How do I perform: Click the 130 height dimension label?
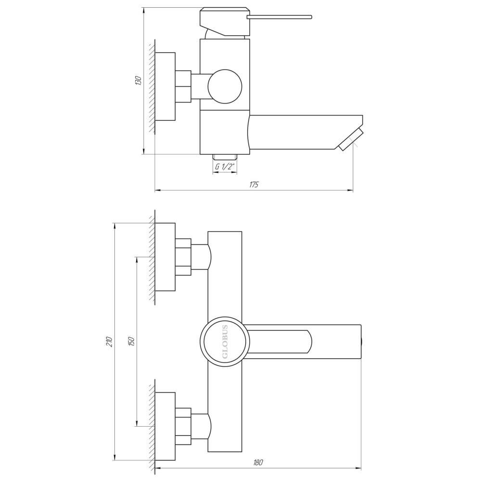[x=138, y=81]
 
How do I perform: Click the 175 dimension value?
[x=254, y=185]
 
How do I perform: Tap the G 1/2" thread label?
[x=225, y=167]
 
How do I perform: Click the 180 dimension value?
[x=258, y=462]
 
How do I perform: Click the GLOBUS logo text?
[x=225, y=342]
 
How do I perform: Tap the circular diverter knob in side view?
[x=225, y=87]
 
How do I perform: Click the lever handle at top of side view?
[x=279, y=18]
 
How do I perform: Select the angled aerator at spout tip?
[x=351, y=139]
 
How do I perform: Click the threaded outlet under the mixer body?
[x=225, y=157]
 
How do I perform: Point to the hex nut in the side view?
[x=183, y=87]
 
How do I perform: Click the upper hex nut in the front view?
[x=183, y=257]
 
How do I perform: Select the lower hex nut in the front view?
[x=183, y=426]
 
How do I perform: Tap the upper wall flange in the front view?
[x=165, y=257]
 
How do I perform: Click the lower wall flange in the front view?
[x=165, y=426]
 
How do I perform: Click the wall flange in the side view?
[x=165, y=87]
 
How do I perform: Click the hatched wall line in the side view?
[x=152, y=87]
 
